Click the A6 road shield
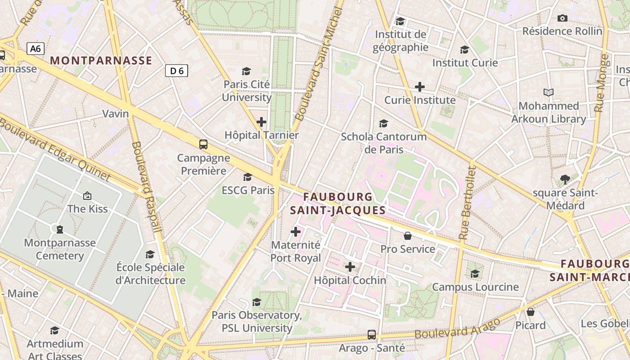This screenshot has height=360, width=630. [35, 49]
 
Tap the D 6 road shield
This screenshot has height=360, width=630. [176, 71]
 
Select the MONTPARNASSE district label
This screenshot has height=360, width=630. [101, 61]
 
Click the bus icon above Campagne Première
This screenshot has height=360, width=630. [203, 144]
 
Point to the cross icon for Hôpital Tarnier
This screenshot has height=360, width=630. [261, 122]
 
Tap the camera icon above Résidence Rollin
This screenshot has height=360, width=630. [562, 18]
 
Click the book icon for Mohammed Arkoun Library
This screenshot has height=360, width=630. [548, 93]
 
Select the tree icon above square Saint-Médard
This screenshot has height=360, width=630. [565, 180]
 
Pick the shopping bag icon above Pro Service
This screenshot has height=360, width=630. [408, 236]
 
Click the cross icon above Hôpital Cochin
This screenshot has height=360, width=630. [350, 267]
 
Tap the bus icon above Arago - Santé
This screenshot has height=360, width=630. [372, 335]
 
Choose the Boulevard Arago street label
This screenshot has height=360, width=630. [457, 328]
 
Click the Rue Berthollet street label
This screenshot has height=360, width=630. [467, 202]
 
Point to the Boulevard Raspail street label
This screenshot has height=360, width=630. [147, 187]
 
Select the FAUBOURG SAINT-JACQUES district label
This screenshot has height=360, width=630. [337, 203]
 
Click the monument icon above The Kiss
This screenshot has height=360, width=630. [87, 196]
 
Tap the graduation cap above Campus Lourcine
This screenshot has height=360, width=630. [475, 274]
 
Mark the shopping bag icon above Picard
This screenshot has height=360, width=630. [531, 312]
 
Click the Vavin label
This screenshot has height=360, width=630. [116, 113]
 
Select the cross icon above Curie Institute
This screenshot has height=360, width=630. [420, 87]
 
